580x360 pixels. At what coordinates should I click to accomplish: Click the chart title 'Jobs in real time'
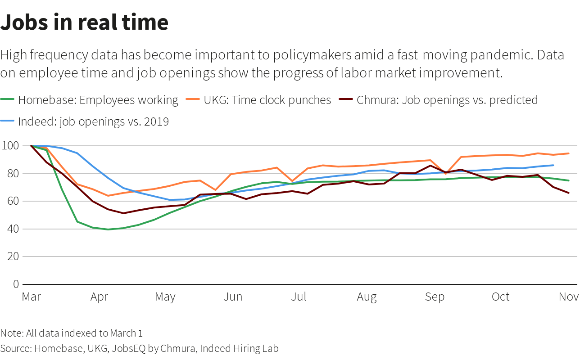84,22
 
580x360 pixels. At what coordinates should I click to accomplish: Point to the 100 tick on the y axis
10,146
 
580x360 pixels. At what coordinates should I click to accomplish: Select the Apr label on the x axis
99,297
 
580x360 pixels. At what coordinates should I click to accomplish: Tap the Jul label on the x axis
299,297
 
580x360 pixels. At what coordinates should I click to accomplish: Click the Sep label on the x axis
435,297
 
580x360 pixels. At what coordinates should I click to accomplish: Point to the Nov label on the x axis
568,297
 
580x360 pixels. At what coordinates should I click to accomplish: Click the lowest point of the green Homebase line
108,229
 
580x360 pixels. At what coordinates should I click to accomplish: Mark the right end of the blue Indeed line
553,165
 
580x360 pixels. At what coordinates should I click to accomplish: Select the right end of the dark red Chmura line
569,193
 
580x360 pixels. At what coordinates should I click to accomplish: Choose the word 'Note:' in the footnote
12,333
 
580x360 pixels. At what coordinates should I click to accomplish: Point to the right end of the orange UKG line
569,153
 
